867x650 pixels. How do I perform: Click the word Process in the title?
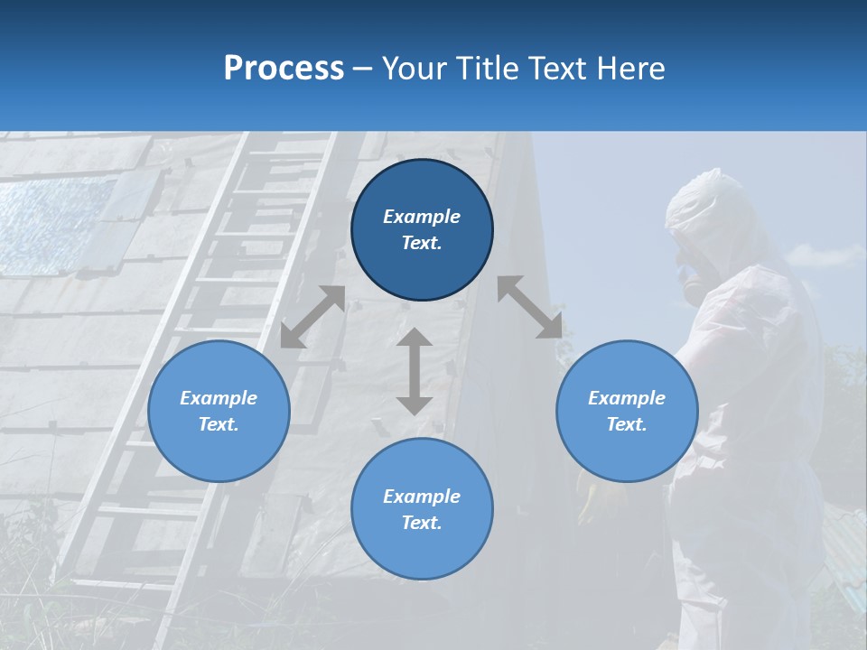coord(284,69)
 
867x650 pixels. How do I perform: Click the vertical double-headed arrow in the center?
coord(415,371)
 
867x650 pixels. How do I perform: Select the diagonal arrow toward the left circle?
coord(312,317)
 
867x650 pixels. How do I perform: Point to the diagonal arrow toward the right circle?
coord(529,307)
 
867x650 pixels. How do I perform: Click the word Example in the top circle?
coord(422,217)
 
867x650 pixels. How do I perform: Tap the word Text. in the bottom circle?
coord(422,523)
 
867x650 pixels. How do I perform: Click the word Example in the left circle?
coord(219,398)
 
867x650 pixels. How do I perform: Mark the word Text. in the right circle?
coord(627,424)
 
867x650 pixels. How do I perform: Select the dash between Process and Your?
coord(362,69)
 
